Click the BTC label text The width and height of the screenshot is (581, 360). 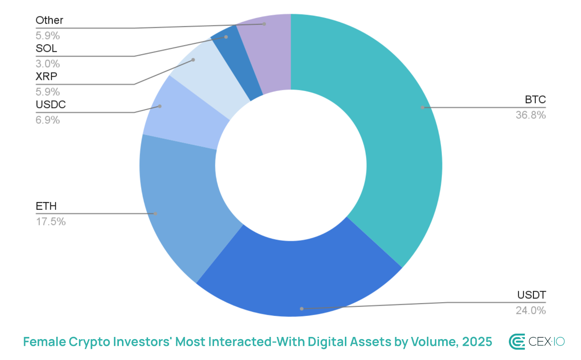[x=535, y=100]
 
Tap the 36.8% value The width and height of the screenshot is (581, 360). [x=531, y=115]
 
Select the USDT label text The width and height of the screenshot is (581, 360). [x=531, y=295]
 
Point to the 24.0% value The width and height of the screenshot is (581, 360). [x=531, y=311]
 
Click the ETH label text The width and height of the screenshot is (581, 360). [x=46, y=206]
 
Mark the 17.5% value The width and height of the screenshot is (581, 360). [x=50, y=222]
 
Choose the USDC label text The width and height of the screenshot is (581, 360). [x=50, y=105]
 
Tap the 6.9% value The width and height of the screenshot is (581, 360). [x=48, y=120]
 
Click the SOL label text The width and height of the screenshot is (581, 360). [x=46, y=48]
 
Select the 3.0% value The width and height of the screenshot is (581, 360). [x=48, y=64]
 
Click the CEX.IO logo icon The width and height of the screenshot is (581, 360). [x=517, y=342]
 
